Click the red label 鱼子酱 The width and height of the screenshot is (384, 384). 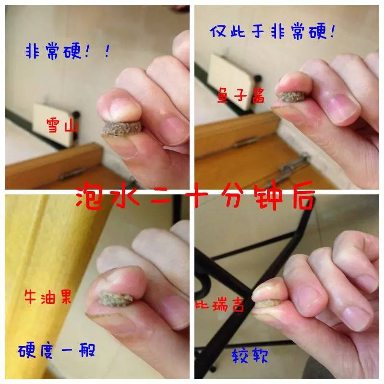click(x=241, y=97)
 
